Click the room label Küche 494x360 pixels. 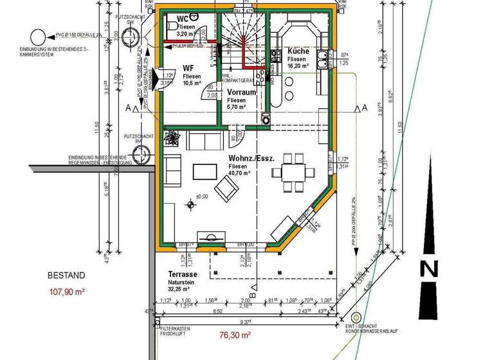tap(298, 51)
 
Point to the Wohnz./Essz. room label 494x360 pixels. tap(252, 157)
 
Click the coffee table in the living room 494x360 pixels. tap(206, 171)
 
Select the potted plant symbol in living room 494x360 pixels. tap(173, 137)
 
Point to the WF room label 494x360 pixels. tap(188, 67)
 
